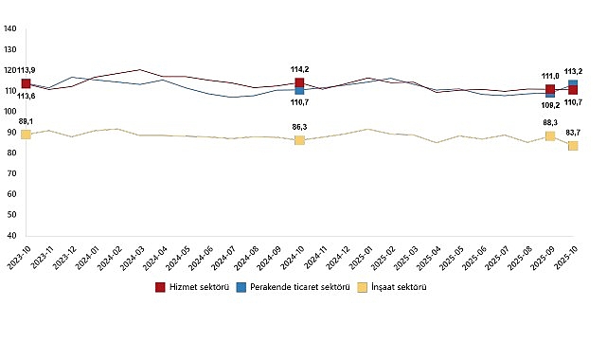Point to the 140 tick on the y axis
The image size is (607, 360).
9,29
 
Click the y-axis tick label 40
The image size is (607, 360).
11,235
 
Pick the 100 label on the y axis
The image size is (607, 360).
9,112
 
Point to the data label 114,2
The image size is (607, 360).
300,69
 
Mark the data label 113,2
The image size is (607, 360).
574,71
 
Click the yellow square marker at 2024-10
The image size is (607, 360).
299,140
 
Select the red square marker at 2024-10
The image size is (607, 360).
299,83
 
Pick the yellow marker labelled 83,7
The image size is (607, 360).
573,146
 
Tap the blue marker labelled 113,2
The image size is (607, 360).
573,84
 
